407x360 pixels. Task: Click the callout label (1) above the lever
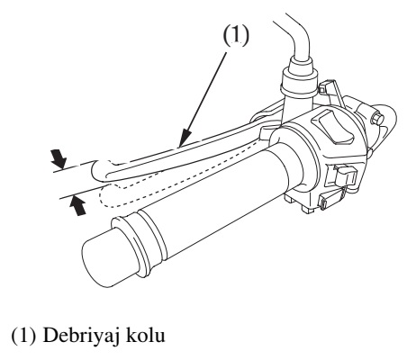[236, 35]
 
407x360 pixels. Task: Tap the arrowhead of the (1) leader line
[184, 139]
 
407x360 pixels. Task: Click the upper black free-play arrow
[59, 158]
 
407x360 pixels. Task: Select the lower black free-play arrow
[77, 205]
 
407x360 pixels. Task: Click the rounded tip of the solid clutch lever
[97, 169]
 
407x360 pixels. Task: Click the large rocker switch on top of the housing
[333, 127]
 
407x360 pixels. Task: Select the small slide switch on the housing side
[345, 177]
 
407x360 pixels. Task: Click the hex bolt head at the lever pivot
[378, 118]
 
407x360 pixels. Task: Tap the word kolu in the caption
[145, 335]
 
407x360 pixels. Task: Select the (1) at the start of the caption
[23, 335]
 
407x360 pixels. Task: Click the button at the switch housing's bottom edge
[330, 200]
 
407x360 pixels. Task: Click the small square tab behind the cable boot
[327, 87]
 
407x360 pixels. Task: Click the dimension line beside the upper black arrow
[73, 167]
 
